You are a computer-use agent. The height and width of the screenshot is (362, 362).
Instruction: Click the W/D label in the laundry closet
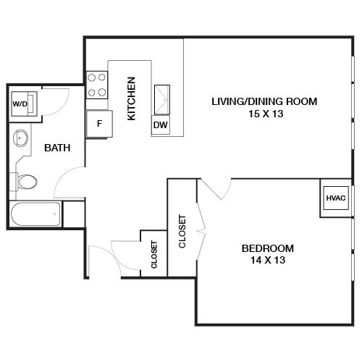20,104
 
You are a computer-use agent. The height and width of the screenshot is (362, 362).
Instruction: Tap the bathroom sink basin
20,138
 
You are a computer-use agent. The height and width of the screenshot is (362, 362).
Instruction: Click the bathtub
35,214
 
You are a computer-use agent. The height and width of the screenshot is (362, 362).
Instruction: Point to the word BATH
57,148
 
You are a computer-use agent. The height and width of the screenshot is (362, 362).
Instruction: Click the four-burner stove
97,85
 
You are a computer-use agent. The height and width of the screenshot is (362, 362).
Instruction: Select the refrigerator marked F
99,124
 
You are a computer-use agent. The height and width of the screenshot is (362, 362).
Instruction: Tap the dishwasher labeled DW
161,125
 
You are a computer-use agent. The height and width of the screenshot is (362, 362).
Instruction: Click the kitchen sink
162,99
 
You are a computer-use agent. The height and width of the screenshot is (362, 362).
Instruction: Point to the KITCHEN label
132,98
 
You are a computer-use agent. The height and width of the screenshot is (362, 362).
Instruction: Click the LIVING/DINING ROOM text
264,101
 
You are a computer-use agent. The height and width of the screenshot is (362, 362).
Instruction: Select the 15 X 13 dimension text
266,114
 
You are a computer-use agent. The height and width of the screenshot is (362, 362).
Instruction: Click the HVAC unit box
336,198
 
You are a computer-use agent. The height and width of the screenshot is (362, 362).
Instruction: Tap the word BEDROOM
268,248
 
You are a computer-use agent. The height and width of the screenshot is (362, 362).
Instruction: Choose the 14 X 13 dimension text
268,260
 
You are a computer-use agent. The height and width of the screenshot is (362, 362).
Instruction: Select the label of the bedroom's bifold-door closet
182,232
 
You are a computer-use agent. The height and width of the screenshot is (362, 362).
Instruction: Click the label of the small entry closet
154,254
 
